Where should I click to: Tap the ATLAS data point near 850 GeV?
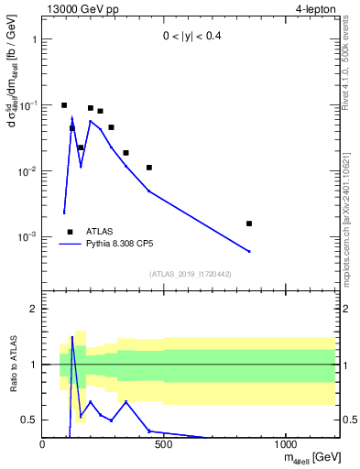249,224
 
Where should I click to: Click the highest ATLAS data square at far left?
64,105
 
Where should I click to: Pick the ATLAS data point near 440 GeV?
149,168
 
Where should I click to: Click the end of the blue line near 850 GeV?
249,251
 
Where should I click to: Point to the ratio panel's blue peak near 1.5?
72,337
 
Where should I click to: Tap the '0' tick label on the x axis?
42,446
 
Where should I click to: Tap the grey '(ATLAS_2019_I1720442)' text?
190,274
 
